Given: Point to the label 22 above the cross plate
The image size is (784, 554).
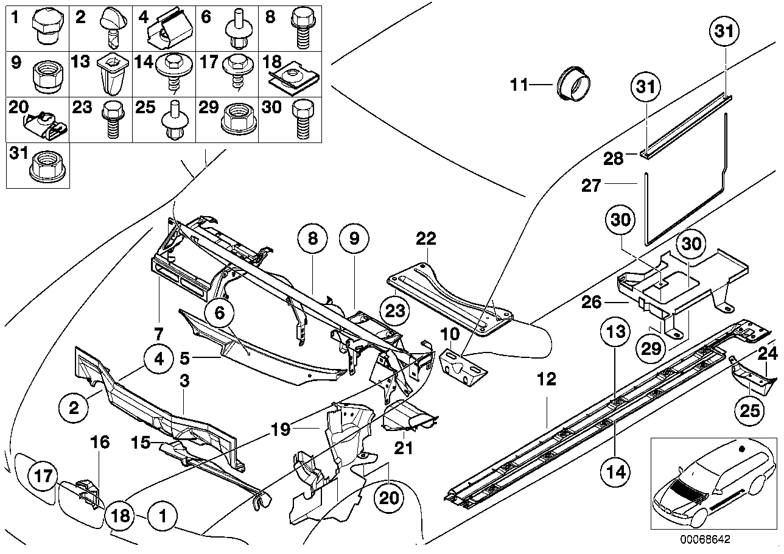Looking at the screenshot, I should pos(426,239).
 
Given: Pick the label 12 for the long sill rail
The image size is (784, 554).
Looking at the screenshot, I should pos(547,380).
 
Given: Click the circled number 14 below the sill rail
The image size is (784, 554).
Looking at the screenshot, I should pos(616,471).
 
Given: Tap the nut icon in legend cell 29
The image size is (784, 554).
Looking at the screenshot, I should pos(234,118).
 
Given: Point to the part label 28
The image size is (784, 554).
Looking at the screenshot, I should pos(613,160).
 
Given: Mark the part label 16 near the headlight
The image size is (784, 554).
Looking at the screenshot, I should pos(100,442).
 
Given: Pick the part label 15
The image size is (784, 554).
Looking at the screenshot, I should pos(141,442).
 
